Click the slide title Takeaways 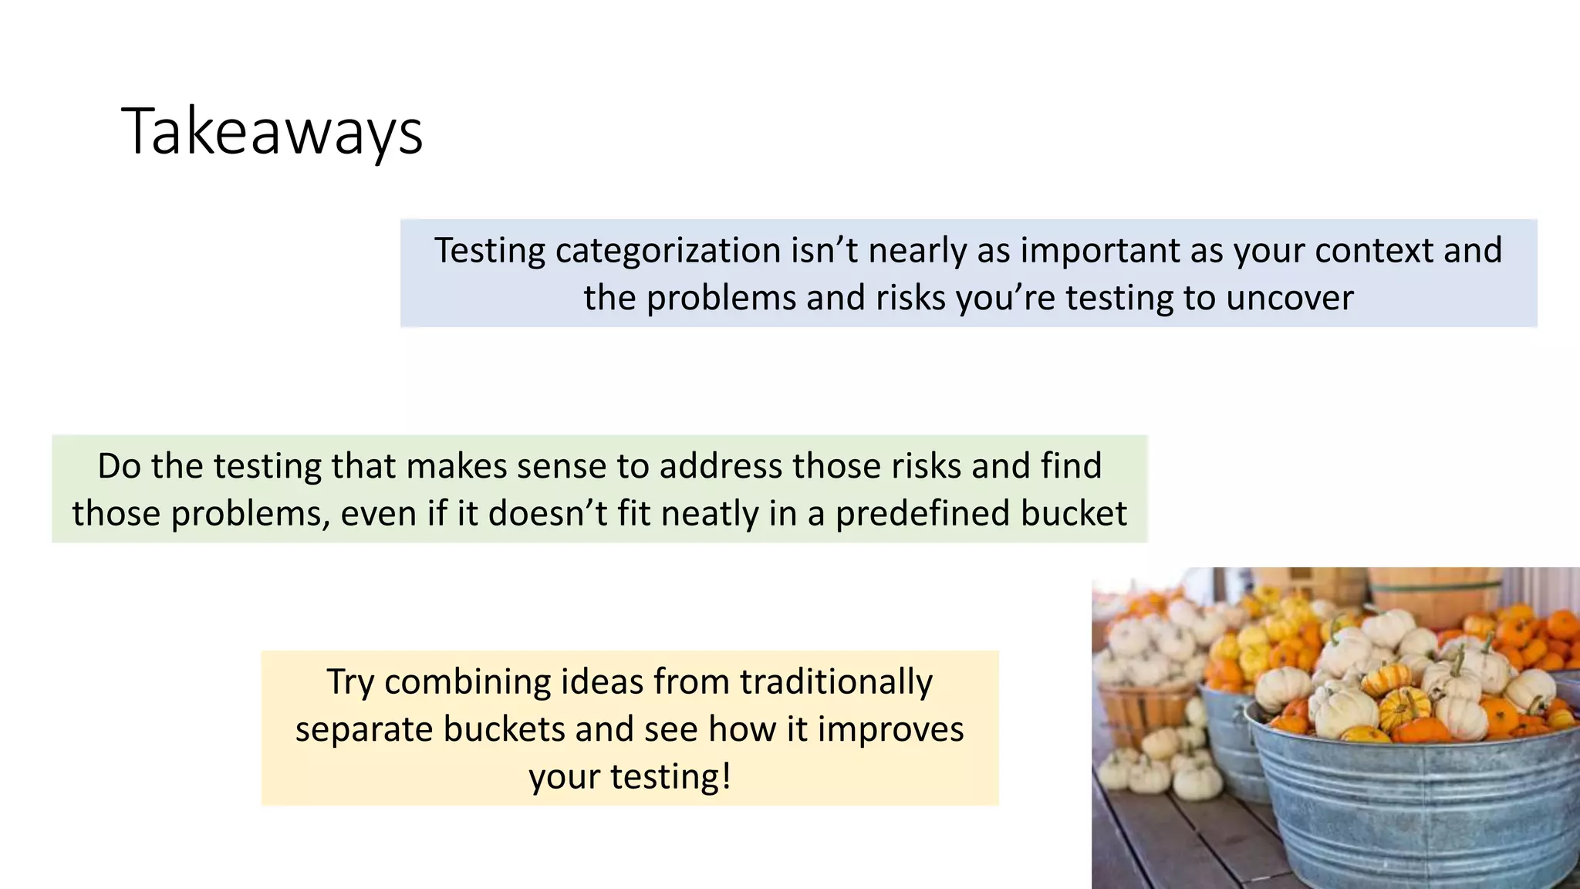(x=272, y=132)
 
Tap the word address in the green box (x=721, y=467)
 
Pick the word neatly (x=711, y=514)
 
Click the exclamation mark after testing (x=725, y=776)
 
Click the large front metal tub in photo (x=1412, y=810)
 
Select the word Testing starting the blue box (x=490, y=251)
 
